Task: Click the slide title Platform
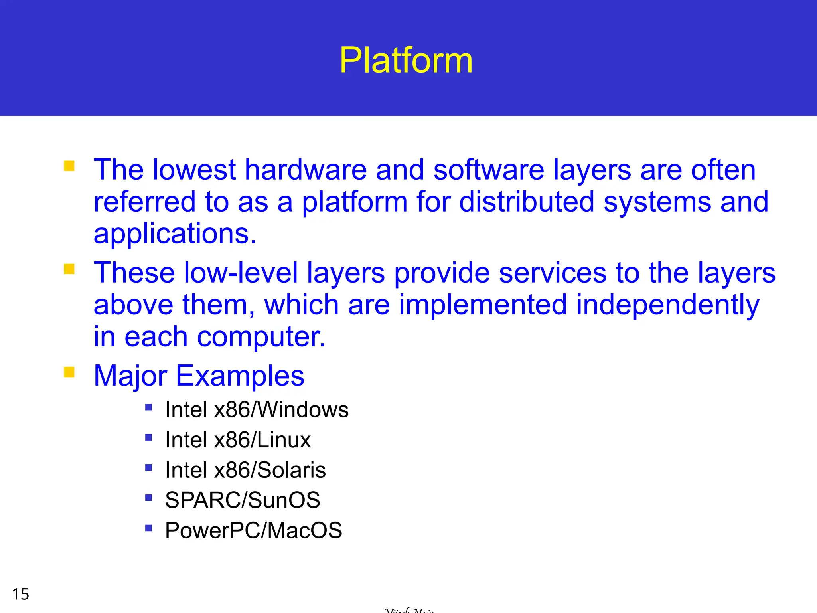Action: [x=406, y=60]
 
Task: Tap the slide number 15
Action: [x=20, y=594]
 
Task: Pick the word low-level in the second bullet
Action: [x=241, y=273]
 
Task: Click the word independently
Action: [x=667, y=305]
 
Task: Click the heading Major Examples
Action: [x=199, y=376]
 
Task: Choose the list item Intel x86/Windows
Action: [x=257, y=410]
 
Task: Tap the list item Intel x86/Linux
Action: [x=238, y=440]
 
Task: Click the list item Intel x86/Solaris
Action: [x=245, y=470]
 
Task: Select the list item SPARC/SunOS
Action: [x=242, y=500]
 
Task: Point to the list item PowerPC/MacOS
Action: [x=253, y=530]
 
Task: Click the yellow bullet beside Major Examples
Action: [x=69, y=372]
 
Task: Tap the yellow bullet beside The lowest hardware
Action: [x=69, y=166]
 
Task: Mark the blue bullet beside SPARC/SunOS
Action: [x=149, y=498]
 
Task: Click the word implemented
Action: [x=482, y=305]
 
